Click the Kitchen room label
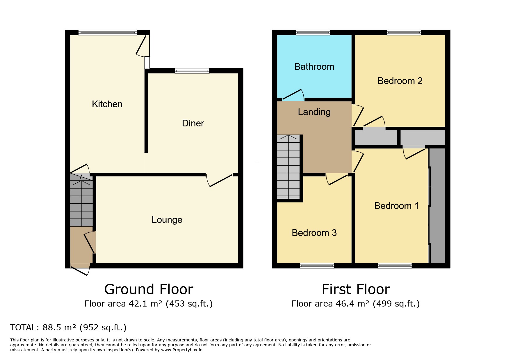coord(107,104)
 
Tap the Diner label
coord(193,123)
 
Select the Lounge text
coord(167,220)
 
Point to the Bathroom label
coord(314,67)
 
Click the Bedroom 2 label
coord(400,81)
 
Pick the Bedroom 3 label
coord(314,233)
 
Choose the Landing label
coord(314,112)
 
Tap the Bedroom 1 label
coord(396,206)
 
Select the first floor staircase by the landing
coord(288,167)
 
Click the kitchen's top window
coord(107,33)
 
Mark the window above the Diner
coord(192,71)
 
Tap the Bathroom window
coord(313,33)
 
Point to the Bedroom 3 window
coord(317,265)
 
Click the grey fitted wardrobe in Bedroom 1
coord(437,206)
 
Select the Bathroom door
coord(293,95)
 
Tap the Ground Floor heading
coord(149,289)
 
